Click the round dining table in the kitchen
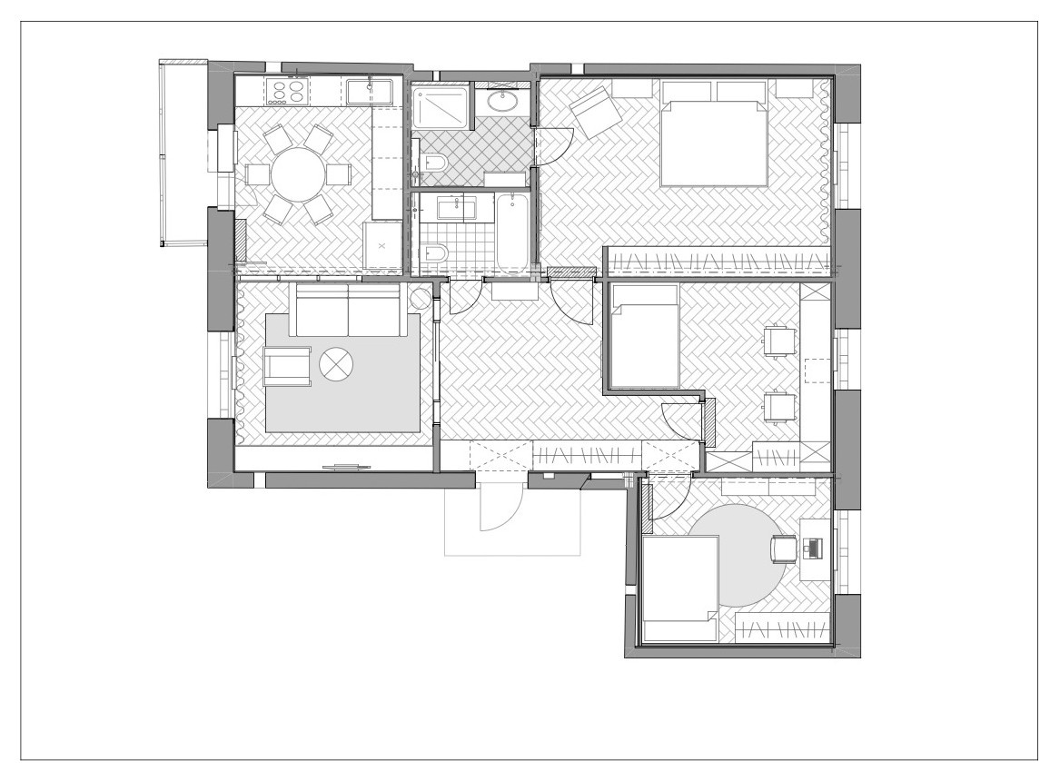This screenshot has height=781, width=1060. [298, 174]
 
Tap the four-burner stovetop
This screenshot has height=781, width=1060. [287, 90]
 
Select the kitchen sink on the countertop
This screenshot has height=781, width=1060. [368, 91]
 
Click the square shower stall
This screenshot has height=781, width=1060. [439, 108]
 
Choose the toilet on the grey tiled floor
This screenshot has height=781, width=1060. [434, 164]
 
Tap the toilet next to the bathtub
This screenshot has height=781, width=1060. [434, 252]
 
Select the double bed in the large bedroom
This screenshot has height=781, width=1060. [713, 133]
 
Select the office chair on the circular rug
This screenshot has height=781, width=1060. [783, 549]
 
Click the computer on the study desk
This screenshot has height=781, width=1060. [812, 548]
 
